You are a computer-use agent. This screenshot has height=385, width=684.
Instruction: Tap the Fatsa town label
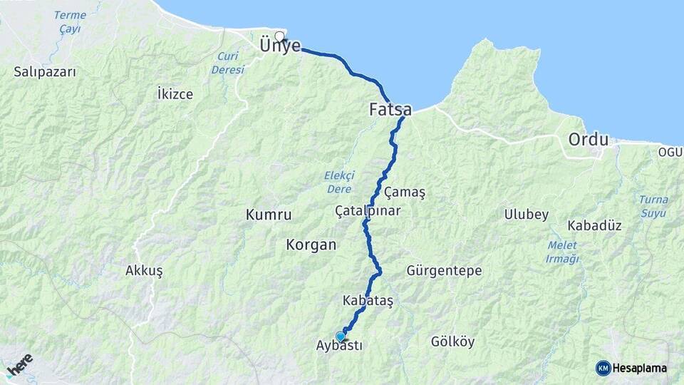coord(390,110)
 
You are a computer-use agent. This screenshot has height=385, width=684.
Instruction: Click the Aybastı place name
coord(338,346)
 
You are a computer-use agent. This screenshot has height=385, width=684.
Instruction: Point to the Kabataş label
coord(368,300)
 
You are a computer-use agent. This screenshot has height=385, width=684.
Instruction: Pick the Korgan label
coord(311,245)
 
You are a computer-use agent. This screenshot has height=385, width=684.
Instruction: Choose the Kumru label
coord(269,214)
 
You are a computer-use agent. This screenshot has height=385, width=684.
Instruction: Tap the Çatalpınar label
coord(368,211)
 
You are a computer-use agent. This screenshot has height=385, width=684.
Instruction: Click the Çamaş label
coord(404,192)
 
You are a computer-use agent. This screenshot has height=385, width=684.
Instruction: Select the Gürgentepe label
coord(444,271)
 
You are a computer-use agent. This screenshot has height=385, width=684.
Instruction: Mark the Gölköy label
coord(452,342)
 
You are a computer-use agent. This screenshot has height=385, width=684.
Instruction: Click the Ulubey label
coord(527,215)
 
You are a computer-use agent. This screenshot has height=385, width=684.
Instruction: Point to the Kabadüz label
coord(595,225)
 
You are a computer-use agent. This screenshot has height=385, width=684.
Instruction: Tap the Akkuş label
coord(144,271)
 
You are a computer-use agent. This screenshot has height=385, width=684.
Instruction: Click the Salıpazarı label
coord(45,72)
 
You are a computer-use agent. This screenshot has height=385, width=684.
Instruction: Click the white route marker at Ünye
coord(279,36)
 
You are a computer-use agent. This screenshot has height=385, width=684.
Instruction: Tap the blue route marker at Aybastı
coord(341,337)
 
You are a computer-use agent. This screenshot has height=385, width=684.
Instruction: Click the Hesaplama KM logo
coord(631,368)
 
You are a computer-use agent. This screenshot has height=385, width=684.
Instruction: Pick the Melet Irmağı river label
coord(563,252)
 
